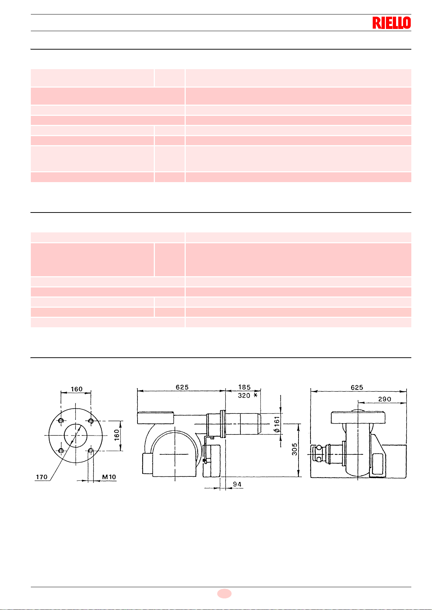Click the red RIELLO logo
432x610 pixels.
(x=392, y=23)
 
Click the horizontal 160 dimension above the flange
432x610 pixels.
(x=77, y=389)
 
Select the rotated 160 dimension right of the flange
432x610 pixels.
(x=117, y=435)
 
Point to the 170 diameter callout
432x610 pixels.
(x=42, y=477)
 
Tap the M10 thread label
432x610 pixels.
(x=109, y=477)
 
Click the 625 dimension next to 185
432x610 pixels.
(x=182, y=387)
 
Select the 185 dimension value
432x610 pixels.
(x=244, y=387)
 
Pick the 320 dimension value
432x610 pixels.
(x=244, y=395)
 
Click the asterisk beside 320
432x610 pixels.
(x=255, y=395)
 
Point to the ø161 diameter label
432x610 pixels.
(x=277, y=424)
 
